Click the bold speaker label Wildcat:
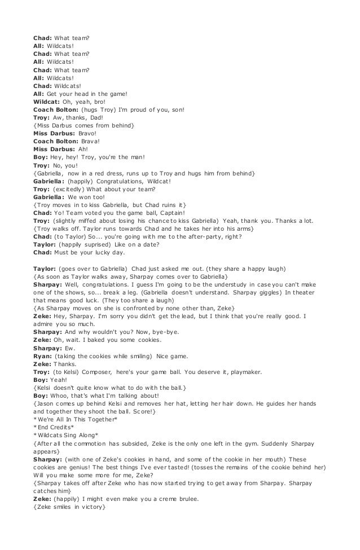[47, 102]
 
